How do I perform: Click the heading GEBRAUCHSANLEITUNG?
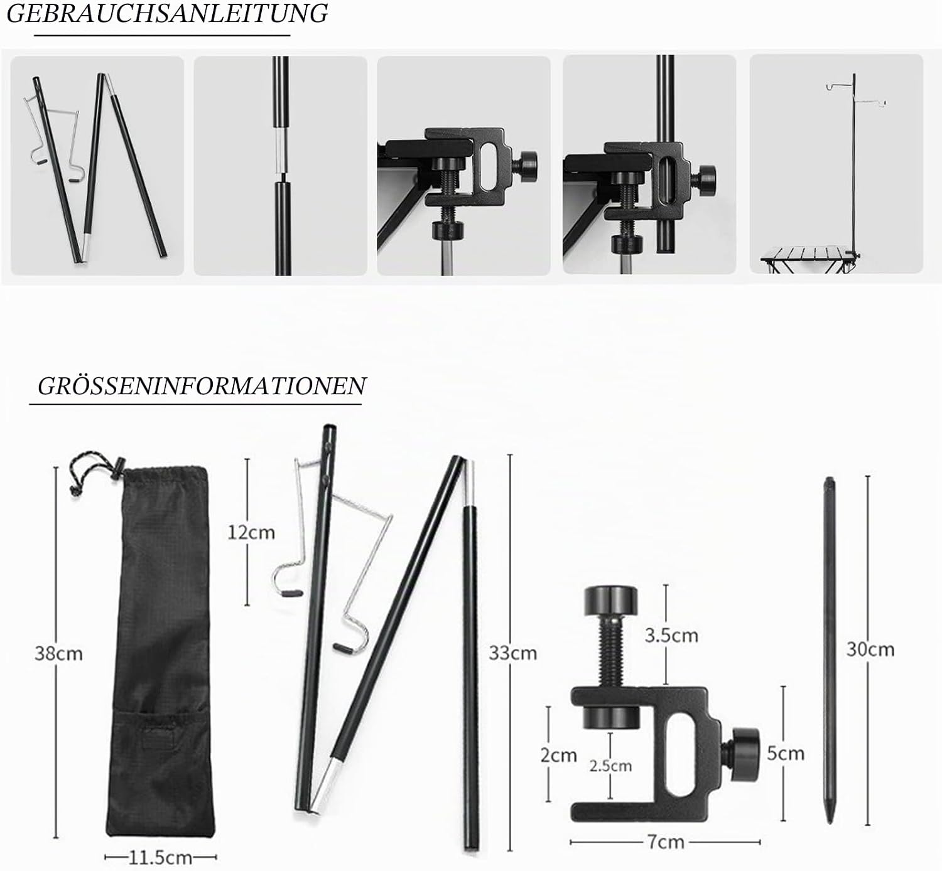167,13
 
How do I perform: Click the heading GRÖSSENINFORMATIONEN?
202,386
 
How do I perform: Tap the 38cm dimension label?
59,653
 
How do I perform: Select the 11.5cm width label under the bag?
160,857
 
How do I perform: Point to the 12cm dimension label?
251,533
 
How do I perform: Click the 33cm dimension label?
512,653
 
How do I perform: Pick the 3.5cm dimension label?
671,635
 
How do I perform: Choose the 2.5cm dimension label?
610,766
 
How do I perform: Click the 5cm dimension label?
786,754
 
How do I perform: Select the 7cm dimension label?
666,842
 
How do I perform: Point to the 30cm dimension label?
870,649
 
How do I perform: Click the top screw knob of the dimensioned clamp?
611,601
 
